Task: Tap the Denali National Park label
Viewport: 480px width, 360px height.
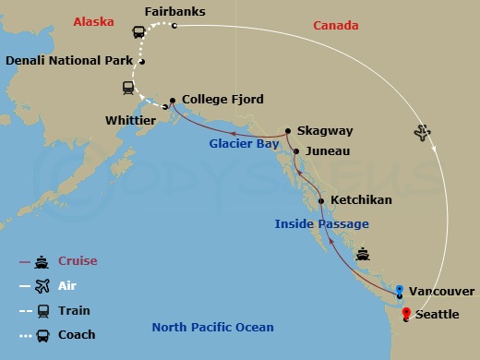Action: [x=69, y=62]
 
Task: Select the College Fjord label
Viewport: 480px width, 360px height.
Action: [x=222, y=99]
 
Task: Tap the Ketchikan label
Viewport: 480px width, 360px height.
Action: [x=361, y=200]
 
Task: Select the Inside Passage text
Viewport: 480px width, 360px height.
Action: [x=322, y=224]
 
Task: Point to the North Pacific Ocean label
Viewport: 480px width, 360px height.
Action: [x=212, y=328]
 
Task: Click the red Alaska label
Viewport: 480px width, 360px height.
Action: [x=94, y=18]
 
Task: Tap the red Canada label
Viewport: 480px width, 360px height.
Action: [x=336, y=26]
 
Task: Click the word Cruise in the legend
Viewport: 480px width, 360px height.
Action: [x=78, y=261]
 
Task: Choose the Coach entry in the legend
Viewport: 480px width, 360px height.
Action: [x=78, y=335]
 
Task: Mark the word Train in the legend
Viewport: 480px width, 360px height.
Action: [x=77, y=311]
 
